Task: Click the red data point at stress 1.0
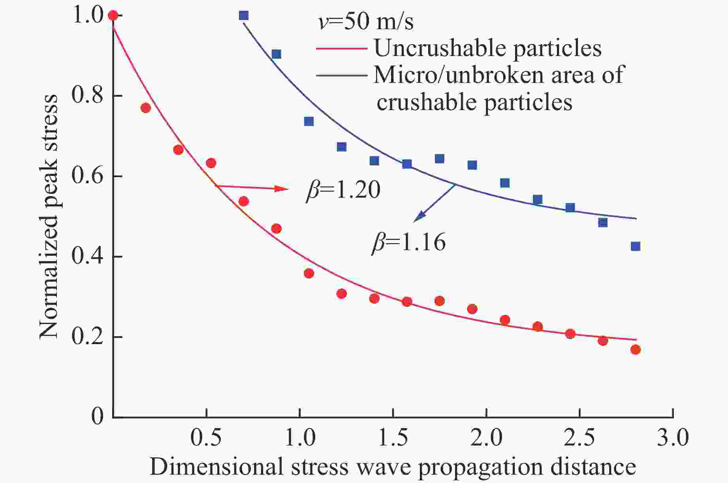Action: [113, 15]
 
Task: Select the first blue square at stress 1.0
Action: [244, 15]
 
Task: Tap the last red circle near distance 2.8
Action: [635, 349]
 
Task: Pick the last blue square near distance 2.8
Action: [635, 246]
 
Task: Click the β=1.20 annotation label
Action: [343, 190]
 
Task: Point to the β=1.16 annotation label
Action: [408, 242]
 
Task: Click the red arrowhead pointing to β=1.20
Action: [282, 189]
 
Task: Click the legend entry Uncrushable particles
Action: [487, 48]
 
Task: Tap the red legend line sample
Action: [341, 49]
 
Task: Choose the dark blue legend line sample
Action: [341, 75]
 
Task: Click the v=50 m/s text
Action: [366, 22]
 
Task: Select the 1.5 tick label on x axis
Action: [393, 438]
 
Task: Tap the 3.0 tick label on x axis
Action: [672, 438]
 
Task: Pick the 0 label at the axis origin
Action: [97, 416]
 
